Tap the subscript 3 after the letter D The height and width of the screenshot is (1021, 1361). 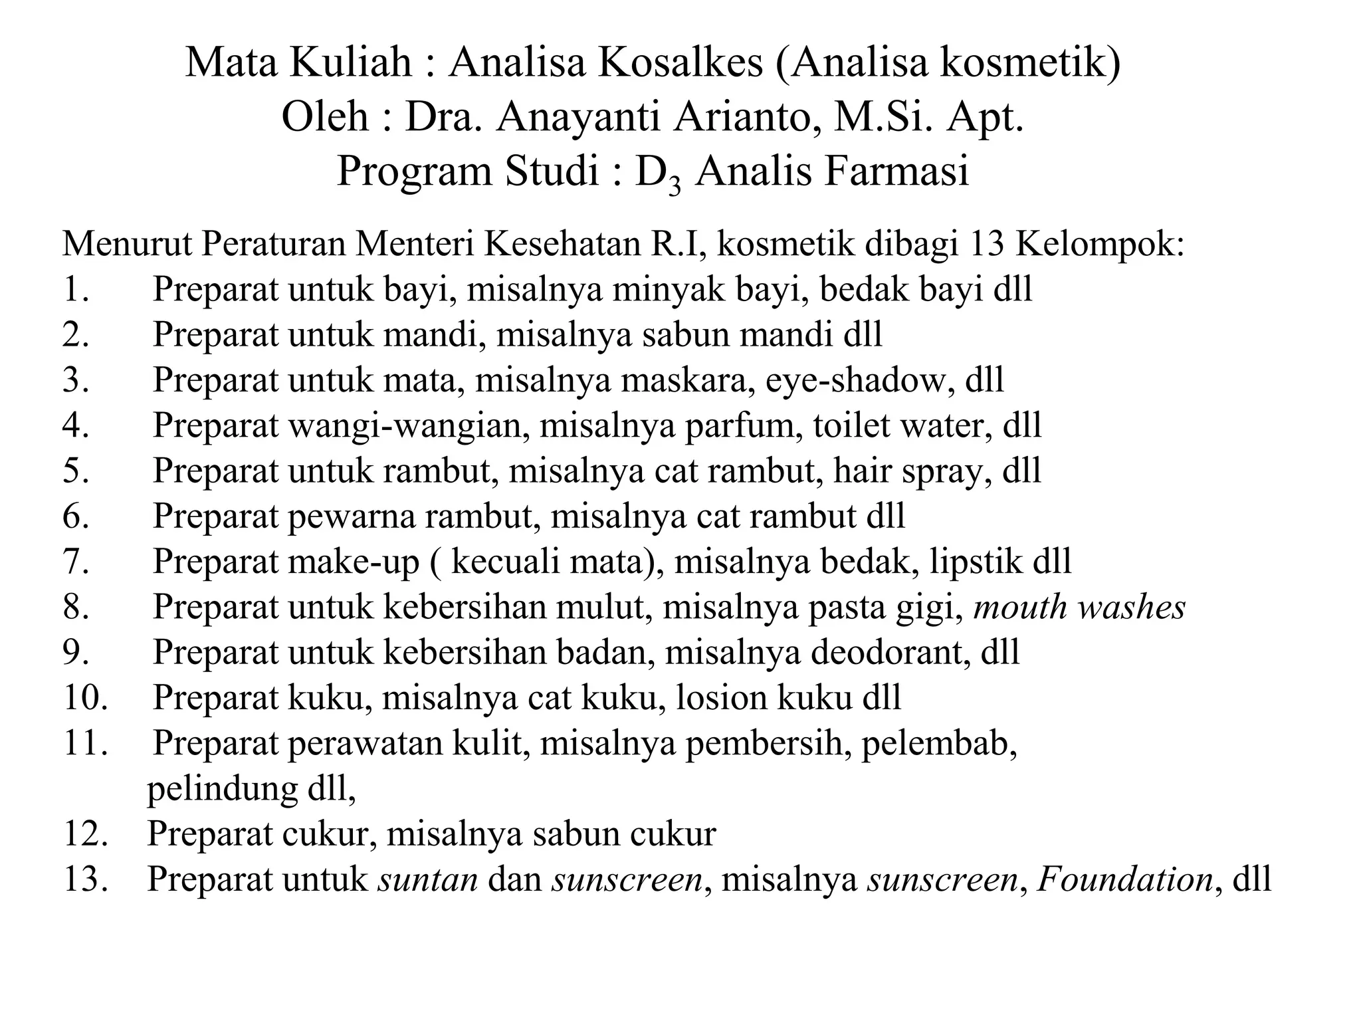click(x=675, y=184)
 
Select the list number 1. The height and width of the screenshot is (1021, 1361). click(x=75, y=290)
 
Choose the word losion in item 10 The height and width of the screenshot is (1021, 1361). click(x=722, y=698)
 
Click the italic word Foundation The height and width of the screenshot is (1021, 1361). click(x=1125, y=879)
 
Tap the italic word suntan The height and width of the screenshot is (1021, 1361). click(x=428, y=879)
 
